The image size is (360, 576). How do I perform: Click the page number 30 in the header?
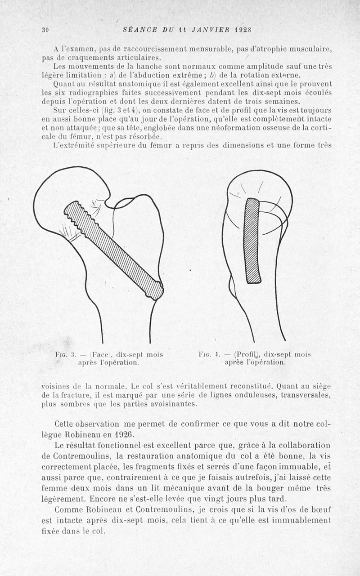[45, 30]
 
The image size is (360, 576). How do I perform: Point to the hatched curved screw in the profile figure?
[252, 241]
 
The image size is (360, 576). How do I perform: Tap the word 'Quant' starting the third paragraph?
[64, 84]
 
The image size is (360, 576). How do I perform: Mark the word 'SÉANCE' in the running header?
[139, 30]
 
